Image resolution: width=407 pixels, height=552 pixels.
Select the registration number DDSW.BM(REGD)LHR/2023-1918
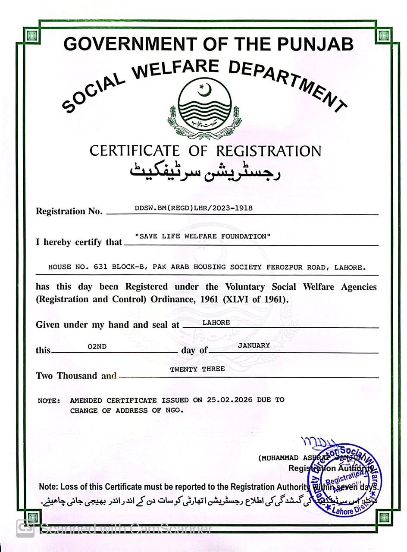click(194, 208)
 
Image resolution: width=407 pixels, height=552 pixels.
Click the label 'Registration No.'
click(69, 211)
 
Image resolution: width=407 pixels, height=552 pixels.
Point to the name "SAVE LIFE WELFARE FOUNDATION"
click(203, 236)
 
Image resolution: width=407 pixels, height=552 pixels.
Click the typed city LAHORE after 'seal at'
click(216, 323)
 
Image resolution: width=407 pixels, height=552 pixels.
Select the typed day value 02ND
click(97, 346)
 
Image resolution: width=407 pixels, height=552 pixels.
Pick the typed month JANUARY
click(254, 345)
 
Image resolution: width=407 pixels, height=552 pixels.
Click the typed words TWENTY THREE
click(197, 369)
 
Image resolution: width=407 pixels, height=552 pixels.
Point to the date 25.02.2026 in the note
click(229, 400)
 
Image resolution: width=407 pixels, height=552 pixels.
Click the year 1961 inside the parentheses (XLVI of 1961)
click(273, 299)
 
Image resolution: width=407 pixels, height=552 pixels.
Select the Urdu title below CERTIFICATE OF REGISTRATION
click(205, 172)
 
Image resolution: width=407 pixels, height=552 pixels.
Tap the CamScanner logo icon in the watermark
click(25, 528)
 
